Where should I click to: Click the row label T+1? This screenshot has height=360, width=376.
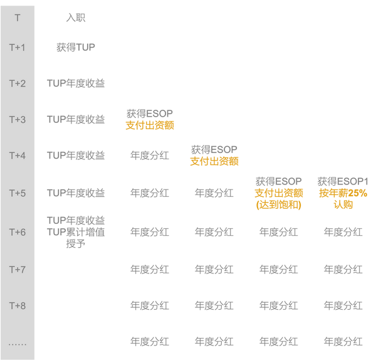(17, 47)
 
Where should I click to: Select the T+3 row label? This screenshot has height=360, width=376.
(17, 119)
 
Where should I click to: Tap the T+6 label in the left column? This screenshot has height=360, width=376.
(17, 232)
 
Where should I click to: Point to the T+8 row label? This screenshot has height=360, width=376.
(17, 305)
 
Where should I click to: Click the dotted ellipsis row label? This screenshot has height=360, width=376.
(17, 343)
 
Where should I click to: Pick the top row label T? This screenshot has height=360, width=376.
(17, 18)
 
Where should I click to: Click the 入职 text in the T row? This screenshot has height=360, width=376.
(76, 18)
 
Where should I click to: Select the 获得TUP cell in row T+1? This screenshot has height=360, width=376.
(76, 47)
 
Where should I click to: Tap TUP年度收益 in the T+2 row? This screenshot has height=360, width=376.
(76, 83)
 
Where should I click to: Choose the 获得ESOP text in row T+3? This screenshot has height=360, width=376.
(150, 114)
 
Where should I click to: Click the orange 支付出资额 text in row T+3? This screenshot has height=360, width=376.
(150, 125)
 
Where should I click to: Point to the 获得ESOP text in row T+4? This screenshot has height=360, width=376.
(214, 149)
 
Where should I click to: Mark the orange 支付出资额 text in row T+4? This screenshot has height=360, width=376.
(214, 161)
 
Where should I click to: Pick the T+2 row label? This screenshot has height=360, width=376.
(17, 83)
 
